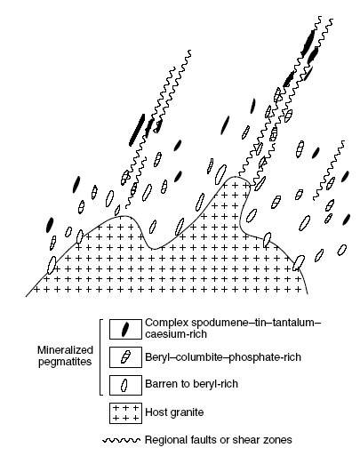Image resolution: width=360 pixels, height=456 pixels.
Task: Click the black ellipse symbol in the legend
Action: pyautogui.click(x=125, y=329)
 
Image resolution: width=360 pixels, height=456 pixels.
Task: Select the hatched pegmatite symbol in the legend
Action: pyautogui.click(x=125, y=357)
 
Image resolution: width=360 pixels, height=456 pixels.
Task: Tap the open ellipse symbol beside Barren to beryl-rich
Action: pyautogui.click(x=124, y=385)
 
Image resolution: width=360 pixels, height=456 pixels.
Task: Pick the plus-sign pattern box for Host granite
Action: pyautogui.click(x=125, y=413)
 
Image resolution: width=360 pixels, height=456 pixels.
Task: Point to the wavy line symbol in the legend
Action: pyautogui.click(x=121, y=440)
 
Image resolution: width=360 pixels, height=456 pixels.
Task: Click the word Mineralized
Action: pyautogui.click(x=65, y=350)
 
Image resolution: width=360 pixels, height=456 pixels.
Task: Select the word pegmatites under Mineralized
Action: pyautogui.click(x=65, y=362)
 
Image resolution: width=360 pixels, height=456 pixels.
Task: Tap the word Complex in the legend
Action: pyautogui.click(x=164, y=324)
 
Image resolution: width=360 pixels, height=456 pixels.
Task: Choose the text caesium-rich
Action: pyautogui.click(x=176, y=334)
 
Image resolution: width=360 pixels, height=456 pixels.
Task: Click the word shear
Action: pyautogui.click(x=244, y=440)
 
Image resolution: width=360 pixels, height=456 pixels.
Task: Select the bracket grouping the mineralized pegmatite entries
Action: pyautogui.click(x=100, y=357)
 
